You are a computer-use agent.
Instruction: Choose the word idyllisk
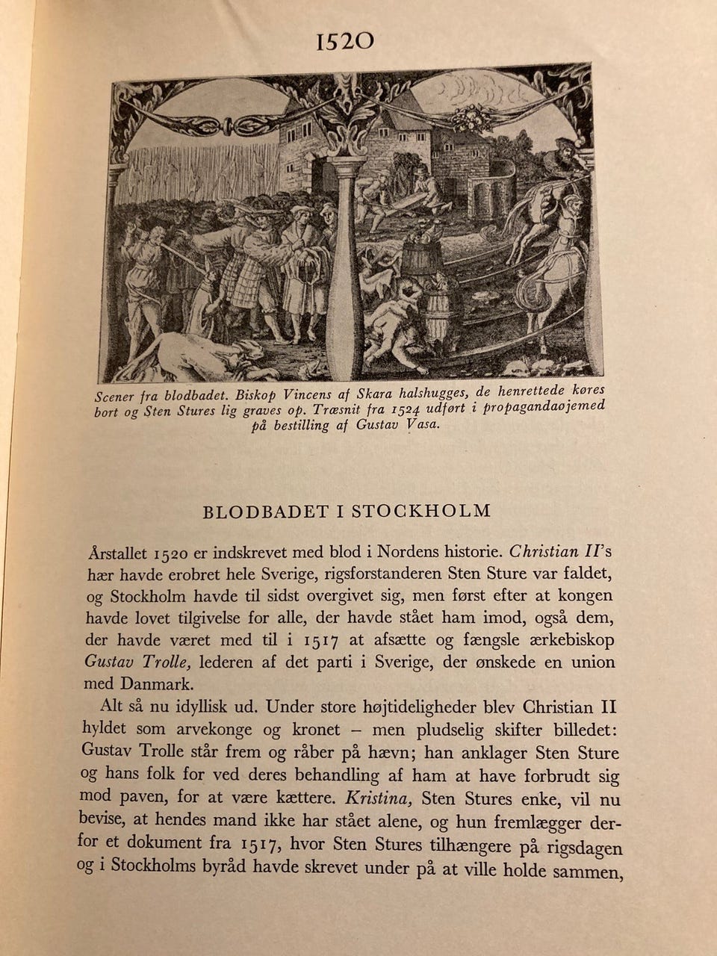211,707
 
